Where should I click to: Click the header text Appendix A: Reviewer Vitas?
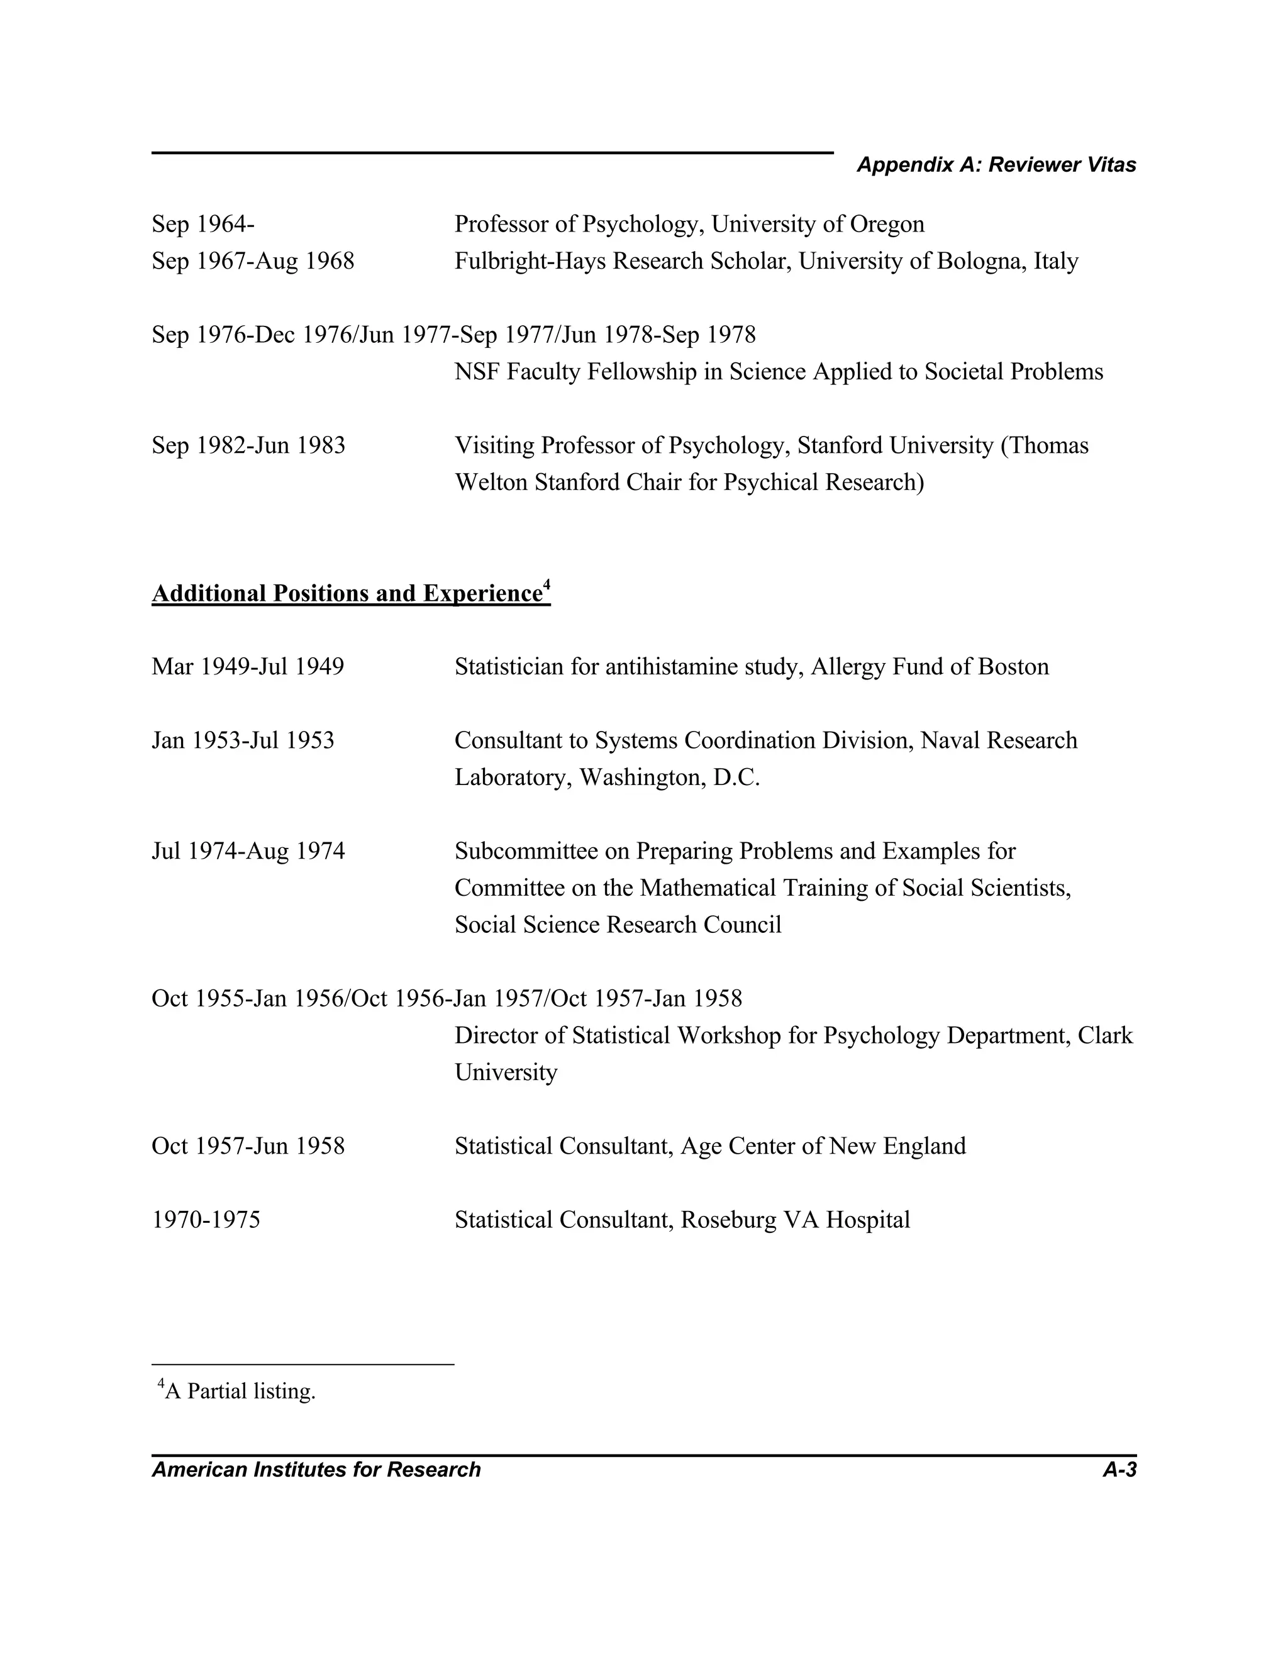point(996,165)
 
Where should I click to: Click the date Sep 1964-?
point(203,225)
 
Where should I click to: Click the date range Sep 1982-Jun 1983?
point(248,446)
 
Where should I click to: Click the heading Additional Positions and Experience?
point(347,594)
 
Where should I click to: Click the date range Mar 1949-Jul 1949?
point(247,667)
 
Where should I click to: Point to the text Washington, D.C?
point(669,778)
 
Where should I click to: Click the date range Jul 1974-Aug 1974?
point(248,851)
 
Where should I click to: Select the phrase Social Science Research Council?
point(618,925)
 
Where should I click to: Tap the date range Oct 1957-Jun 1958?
point(248,1146)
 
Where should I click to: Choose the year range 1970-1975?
point(206,1220)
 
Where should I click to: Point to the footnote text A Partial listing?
point(240,1391)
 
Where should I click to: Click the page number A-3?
point(1119,1470)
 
